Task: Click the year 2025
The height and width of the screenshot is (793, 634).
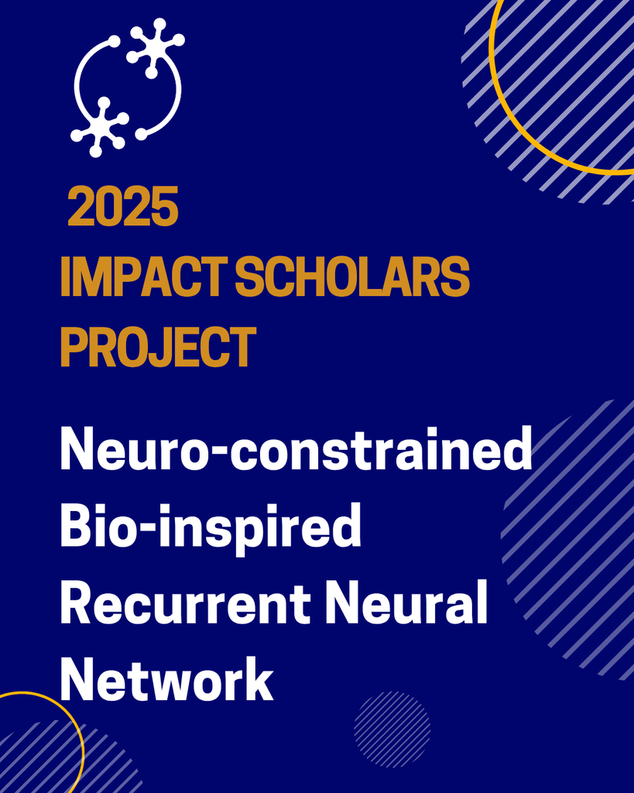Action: [123, 206]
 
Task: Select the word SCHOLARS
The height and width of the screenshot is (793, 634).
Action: [352, 276]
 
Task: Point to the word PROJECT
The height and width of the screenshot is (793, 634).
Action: [158, 346]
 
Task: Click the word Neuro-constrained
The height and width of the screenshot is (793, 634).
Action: [296, 448]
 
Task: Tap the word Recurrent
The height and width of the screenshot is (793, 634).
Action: [185, 602]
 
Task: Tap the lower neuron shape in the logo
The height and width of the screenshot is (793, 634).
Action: [101, 126]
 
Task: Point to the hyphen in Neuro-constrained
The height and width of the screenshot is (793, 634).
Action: [216, 451]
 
